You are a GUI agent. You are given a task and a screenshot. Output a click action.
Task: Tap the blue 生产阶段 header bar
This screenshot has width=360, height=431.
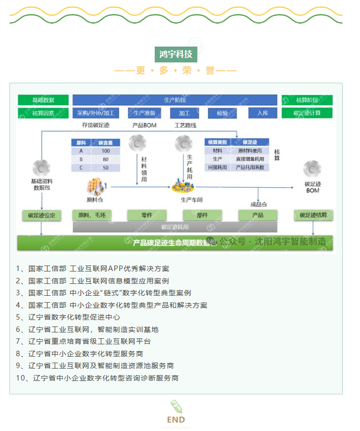pos(175,100)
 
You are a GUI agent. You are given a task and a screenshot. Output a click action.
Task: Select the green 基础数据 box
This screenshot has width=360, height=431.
pos(43,100)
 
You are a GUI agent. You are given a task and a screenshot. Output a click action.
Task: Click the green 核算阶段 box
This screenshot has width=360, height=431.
pos(307,100)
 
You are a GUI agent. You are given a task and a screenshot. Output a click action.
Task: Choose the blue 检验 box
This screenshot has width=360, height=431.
pos(222,113)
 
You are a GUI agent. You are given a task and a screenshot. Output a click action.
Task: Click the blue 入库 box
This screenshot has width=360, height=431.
pos(262,113)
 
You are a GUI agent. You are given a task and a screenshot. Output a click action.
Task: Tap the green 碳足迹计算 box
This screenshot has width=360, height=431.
pos(307,113)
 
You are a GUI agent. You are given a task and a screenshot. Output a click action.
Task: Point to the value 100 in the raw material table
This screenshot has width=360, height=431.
pos(106,151)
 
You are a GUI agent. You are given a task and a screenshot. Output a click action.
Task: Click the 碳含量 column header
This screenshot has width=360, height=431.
pos(106,143)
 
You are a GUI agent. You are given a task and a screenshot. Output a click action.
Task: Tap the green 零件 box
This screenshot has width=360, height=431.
pos(146,215)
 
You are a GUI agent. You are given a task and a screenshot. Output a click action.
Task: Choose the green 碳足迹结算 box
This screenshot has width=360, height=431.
pos(313,215)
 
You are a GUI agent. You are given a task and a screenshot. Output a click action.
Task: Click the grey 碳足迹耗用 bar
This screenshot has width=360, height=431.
pos(175,227)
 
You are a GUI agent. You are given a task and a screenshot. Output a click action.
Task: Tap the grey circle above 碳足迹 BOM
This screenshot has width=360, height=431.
pos(312,169)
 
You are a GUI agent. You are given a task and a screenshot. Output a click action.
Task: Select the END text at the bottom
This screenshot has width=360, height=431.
pos(176,420)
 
